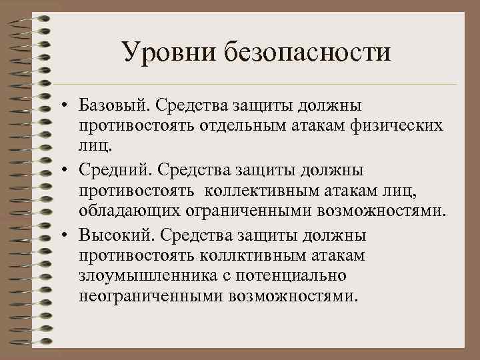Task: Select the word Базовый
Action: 114,105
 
